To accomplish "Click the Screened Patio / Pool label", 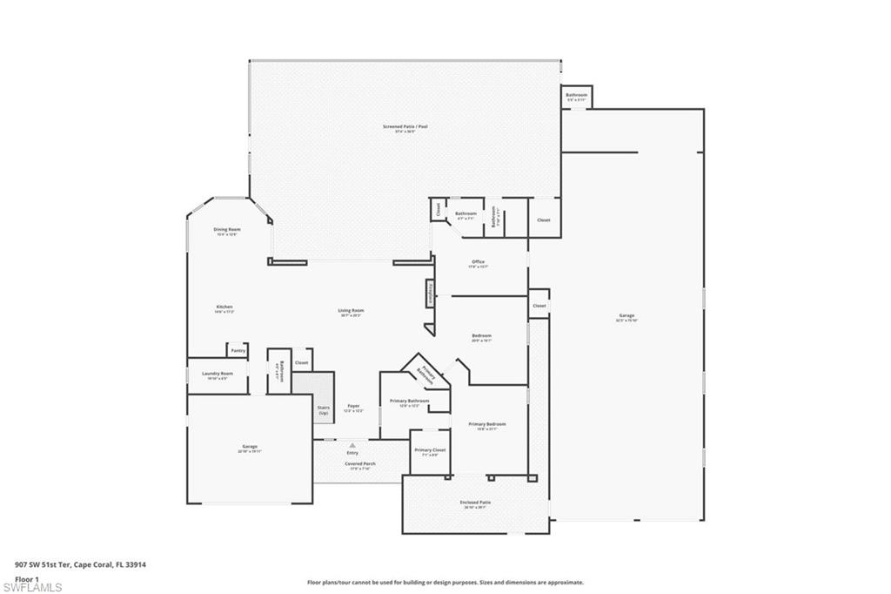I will point(405,126).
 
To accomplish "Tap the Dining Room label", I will point(227,230).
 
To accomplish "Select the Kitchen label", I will point(224,307).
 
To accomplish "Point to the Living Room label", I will point(351,311).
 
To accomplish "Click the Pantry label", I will point(238,350).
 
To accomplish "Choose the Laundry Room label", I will point(218,374).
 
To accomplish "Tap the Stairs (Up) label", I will point(323,409).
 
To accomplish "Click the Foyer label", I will point(353,406).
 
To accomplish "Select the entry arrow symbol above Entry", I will point(352,444).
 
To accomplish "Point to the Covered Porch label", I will point(359,463).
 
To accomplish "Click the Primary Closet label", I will point(429,450).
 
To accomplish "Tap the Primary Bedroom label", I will point(486,424).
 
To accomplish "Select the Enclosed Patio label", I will point(475,503).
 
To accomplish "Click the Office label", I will point(478,261).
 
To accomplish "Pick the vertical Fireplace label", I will point(430,294).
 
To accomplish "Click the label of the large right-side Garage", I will point(626,315).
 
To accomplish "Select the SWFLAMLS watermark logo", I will point(32,587).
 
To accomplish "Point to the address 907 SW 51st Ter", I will point(49,564).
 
